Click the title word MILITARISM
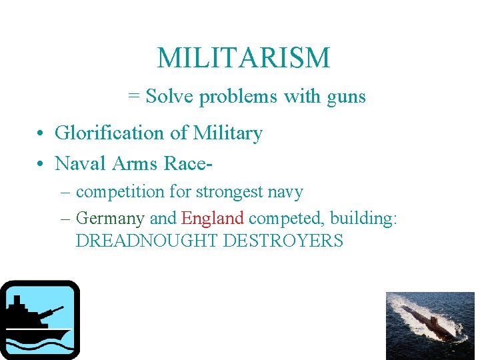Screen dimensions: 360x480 pos(243,59)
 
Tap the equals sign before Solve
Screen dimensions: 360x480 pos(133,97)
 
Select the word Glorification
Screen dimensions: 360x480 pos(110,133)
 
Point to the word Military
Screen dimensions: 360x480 pos(227,133)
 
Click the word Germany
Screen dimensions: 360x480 pos(110,219)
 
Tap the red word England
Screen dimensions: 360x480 pos(213,219)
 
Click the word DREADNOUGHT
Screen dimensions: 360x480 pos(147,241)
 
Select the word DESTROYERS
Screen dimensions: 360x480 pos(283,241)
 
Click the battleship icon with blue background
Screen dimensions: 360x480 pos(40,320)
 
